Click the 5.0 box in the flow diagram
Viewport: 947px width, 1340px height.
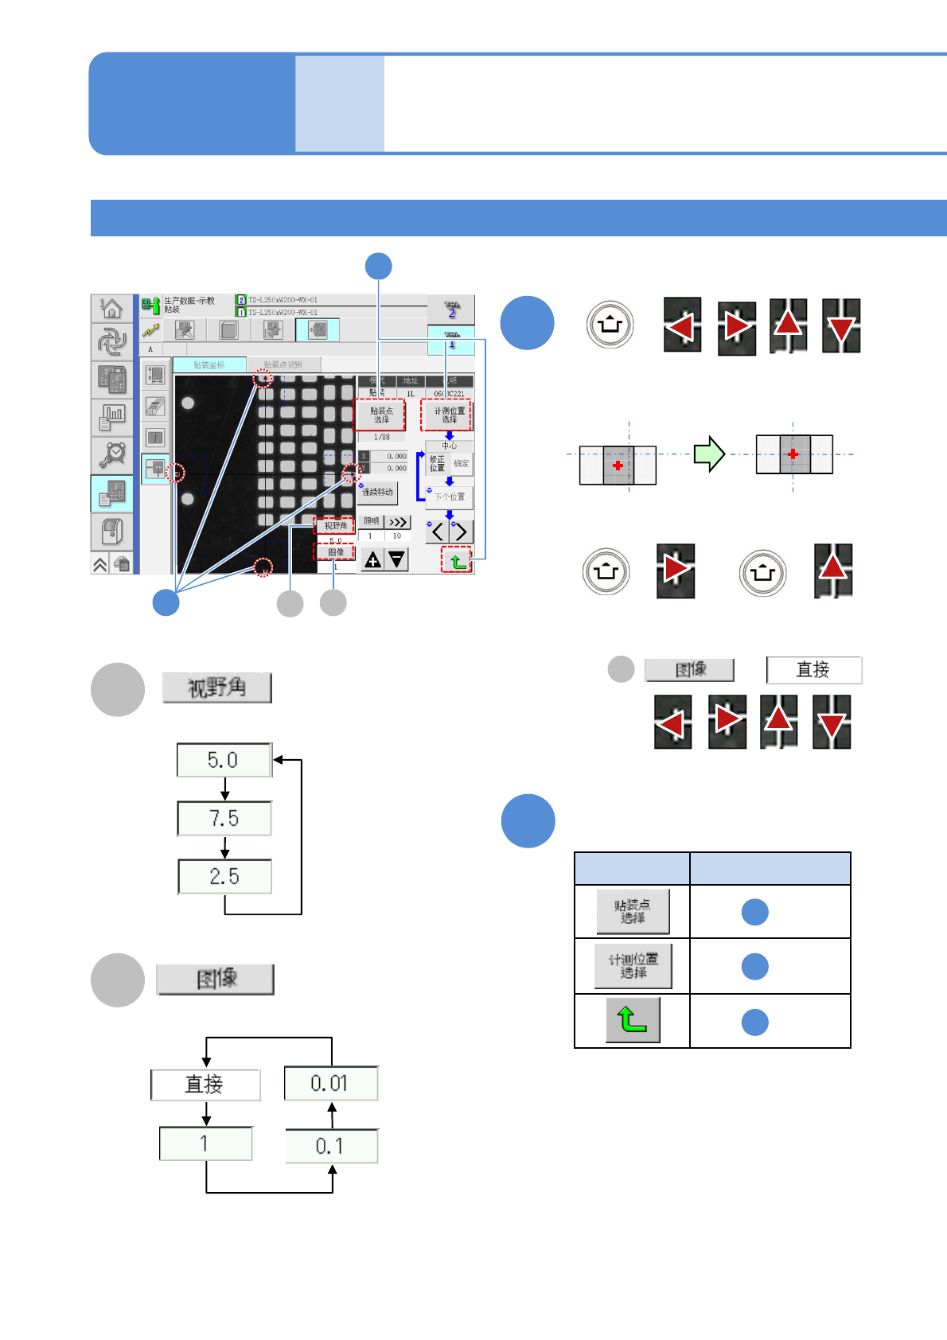[x=224, y=760]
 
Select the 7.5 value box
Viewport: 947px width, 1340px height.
[x=224, y=818]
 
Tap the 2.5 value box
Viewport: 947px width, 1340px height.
[x=224, y=876]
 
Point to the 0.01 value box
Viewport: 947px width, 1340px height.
[x=330, y=1083]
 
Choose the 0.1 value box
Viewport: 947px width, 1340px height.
[x=330, y=1146]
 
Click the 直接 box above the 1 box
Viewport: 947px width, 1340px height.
[x=205, y=1085]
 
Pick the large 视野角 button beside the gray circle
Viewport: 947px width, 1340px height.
[x=216, y=688]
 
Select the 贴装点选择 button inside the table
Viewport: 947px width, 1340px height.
[x=633, y=911]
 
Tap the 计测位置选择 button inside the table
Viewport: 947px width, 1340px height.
[x=633, y=966]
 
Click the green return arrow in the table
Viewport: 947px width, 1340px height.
[x=633, y=1020]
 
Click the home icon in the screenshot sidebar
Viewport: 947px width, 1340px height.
[x=112, y=308]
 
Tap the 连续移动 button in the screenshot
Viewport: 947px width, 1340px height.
[x=377, y=492]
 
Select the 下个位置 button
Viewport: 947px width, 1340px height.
[x=450, y=497]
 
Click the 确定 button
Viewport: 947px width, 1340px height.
[x=462, y=463]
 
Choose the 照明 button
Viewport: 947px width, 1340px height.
[x=371, y=522]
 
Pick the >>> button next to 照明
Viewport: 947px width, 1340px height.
[x=397, y=522]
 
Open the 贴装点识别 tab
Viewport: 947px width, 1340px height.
[x=283, y=364]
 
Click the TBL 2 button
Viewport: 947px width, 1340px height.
[x=451, y=310]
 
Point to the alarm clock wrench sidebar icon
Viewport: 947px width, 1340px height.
[x=112, y=454]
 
